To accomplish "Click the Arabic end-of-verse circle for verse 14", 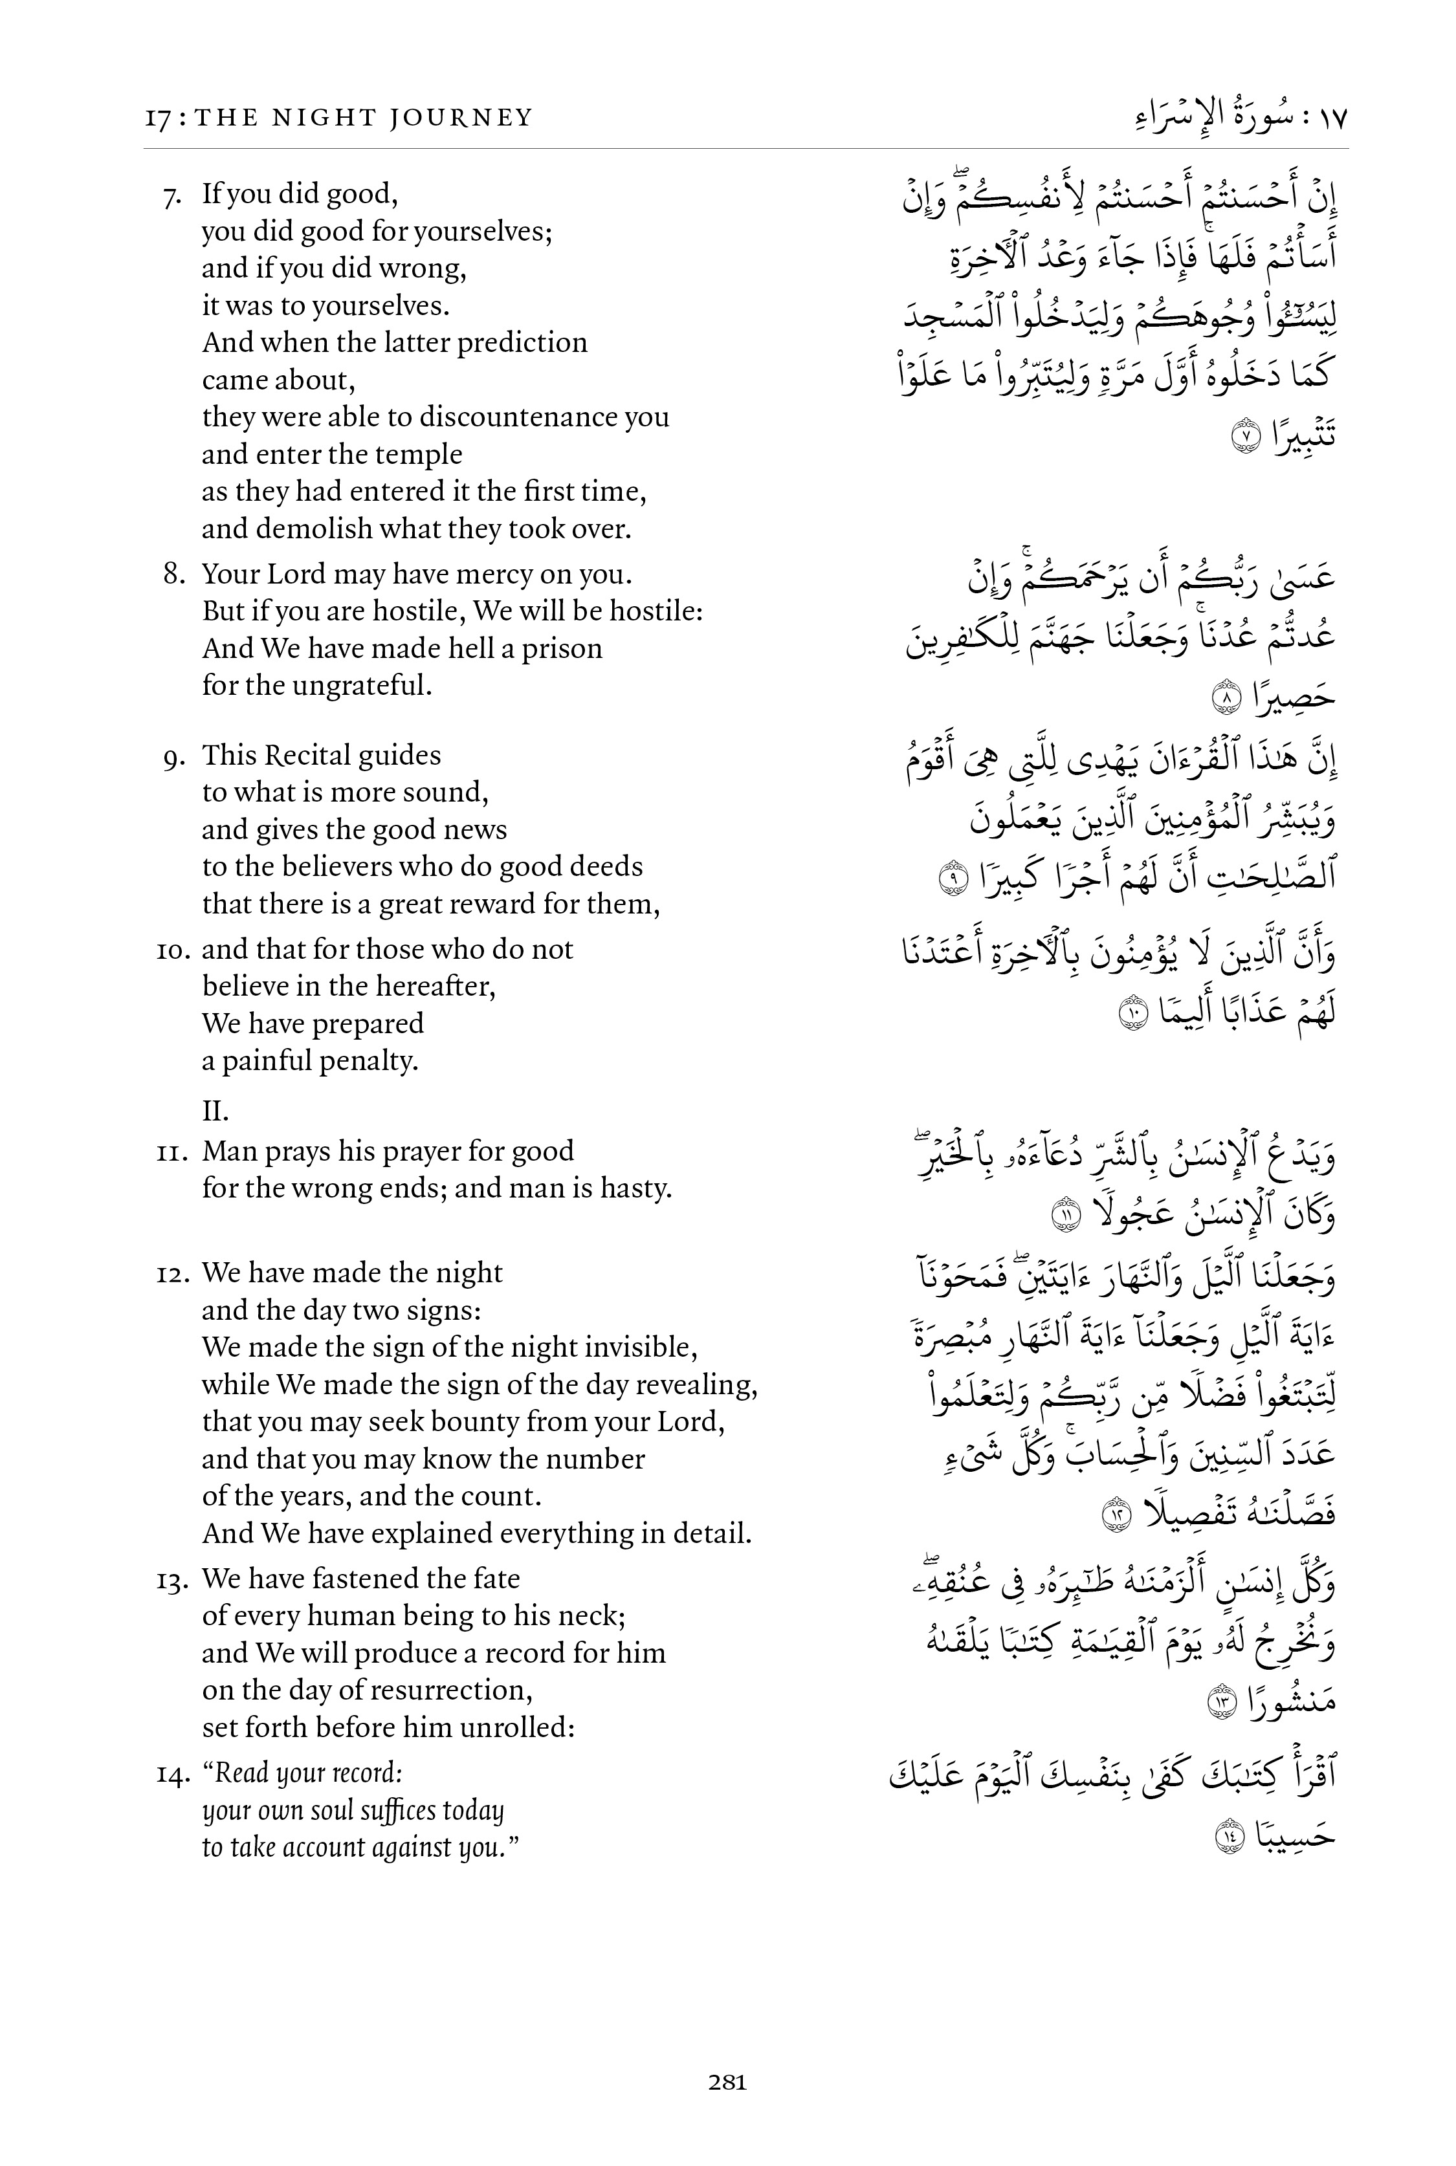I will [1230, 1835].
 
